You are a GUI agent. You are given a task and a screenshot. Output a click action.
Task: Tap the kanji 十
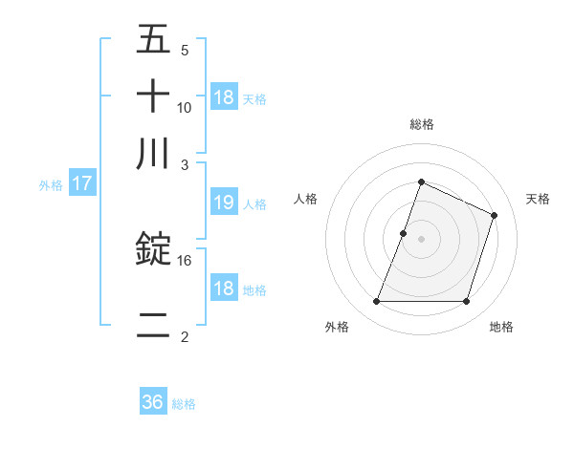153,97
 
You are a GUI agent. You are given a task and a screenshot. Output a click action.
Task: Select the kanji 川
153,153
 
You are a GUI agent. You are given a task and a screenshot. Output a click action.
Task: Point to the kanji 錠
153,250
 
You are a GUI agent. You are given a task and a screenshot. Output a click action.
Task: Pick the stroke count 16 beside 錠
185,260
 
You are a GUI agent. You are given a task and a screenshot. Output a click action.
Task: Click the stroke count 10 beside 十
185,107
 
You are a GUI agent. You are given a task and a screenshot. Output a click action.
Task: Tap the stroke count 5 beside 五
185,51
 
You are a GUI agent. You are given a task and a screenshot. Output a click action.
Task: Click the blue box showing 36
153,402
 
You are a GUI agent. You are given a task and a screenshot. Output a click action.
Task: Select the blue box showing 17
81,183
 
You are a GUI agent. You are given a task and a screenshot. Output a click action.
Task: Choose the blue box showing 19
223,203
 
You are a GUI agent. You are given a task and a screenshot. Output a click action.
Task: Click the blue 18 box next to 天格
223,97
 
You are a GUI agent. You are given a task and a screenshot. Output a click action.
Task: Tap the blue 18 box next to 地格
223,289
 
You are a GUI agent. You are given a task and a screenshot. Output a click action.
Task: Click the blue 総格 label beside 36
184,403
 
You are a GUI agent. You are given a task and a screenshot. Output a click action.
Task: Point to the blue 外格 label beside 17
51,184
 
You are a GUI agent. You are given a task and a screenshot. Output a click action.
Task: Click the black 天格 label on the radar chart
538,199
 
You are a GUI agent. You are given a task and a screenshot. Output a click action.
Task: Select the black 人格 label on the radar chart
306,199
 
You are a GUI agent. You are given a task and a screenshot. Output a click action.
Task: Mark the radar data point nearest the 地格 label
466,302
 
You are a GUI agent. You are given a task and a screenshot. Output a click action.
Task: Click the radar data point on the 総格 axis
421,182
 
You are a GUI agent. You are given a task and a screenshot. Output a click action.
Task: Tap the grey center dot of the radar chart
421,238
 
